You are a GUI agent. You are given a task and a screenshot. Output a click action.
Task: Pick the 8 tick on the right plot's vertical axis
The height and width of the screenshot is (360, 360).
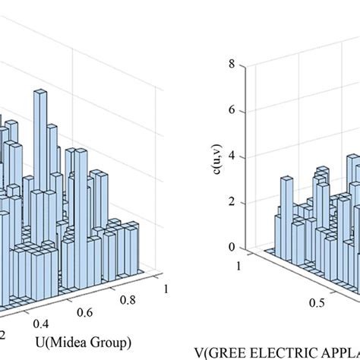coord(241,65)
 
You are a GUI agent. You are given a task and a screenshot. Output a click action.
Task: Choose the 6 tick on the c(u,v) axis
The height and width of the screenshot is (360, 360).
coord(241,111)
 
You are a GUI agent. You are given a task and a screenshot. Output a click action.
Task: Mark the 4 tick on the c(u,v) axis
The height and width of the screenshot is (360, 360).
coord(241,156)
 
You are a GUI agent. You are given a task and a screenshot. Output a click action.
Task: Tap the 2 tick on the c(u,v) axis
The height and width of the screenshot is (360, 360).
coord(241,202)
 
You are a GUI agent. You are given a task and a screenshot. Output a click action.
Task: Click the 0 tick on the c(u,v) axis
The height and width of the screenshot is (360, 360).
coord(241,248)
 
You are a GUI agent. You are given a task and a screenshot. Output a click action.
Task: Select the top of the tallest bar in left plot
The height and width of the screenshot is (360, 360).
coord(40,93)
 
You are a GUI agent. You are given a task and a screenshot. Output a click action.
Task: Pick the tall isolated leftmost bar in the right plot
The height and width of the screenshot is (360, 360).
coord(286,181)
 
